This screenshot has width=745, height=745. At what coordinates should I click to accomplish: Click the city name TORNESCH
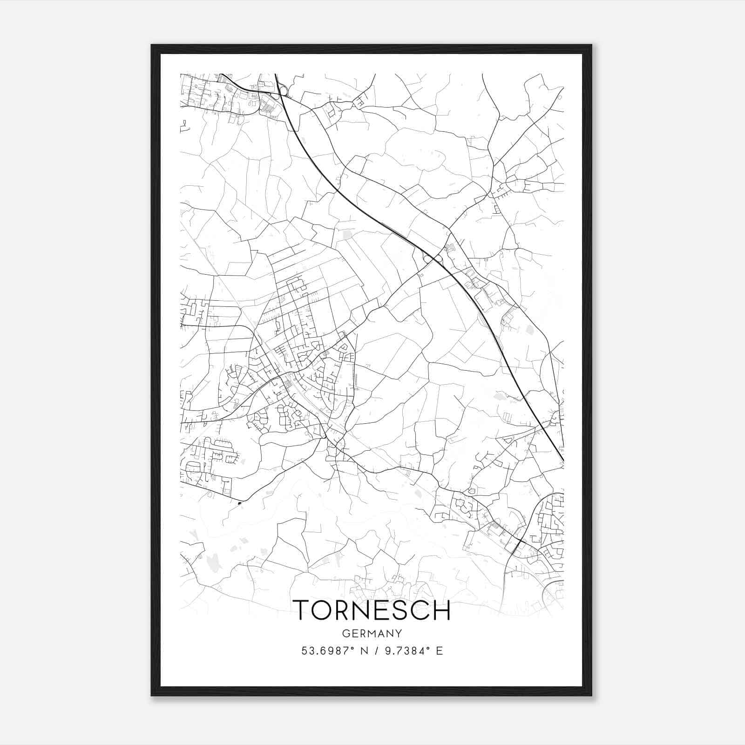point(372,610)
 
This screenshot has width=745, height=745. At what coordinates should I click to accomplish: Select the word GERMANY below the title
point(372,633)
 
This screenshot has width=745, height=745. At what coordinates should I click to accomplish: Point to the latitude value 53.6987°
point(325,651)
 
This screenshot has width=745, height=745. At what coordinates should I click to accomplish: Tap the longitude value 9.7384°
point(406,651)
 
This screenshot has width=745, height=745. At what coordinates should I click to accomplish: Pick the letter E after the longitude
point(440,651)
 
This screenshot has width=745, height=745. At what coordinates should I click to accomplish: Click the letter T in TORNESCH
point(301,610)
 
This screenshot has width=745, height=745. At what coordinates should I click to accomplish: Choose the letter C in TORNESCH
point(420,610)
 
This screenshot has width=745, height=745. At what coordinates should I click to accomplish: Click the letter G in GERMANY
point(345,633)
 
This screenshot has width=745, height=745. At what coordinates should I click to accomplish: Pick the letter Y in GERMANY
point(399,633)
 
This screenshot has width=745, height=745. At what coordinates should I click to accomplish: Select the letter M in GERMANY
point(372,633)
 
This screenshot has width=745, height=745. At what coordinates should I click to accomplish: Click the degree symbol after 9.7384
point(427,648)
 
